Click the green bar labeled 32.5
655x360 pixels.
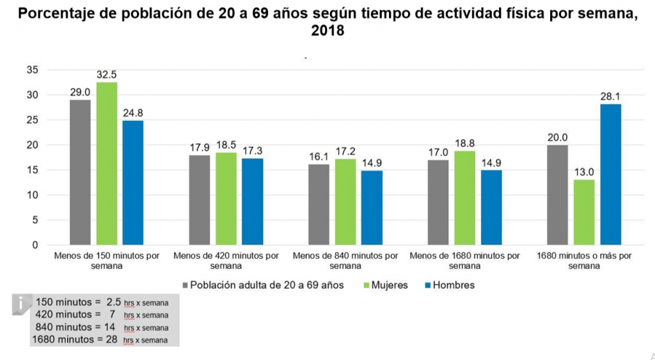(107, 164)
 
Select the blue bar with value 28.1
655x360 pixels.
(610, 175)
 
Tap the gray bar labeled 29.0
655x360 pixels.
(80, 173)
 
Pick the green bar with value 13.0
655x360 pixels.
(584, 212)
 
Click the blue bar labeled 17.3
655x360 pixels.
(252, 201)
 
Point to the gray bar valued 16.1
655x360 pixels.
(319, 205)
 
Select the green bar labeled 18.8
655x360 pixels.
(465, 198)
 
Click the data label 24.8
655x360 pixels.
(133, 112)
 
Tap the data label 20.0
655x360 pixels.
(557, 136)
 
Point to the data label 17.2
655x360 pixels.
(345, 150)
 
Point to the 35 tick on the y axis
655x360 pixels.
(33, 70)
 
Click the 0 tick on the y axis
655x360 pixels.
(36, 245)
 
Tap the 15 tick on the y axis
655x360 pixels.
(33, 170)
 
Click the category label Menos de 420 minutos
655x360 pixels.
(226, 260)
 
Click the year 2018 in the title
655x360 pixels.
(327, 31)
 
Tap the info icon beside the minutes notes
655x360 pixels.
(22, 304)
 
